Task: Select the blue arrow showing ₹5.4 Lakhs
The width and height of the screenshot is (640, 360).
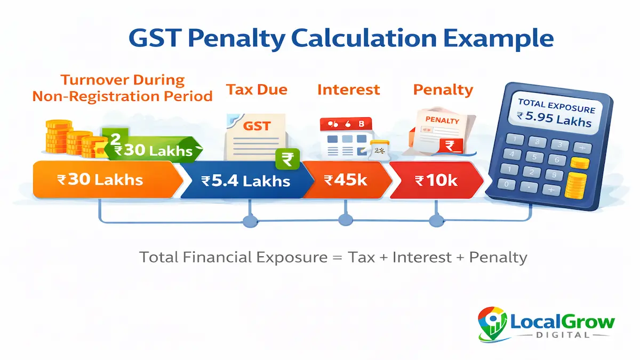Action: click(245, 181)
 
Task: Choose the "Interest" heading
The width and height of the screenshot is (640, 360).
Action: click(348, 89)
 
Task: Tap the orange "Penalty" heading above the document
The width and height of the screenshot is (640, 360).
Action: click(443, 89)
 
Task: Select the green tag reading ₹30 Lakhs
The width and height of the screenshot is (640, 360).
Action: click(155, 149)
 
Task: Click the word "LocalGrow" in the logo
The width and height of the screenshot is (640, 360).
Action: click(563, 322)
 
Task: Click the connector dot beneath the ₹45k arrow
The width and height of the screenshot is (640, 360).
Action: click(346, 219)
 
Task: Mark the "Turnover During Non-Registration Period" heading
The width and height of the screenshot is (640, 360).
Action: click(122, 88)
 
